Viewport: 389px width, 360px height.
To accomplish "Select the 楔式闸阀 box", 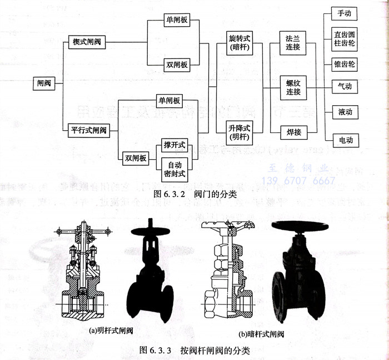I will click(87, 42).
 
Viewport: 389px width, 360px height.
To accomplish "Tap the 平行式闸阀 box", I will click(88, 131).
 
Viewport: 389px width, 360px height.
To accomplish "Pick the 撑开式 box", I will click(173, 146).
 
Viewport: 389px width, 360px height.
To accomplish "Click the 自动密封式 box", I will click(173, 169).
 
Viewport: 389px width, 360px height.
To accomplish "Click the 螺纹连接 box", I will click(290, 87).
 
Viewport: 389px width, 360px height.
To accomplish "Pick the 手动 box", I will click(344, 12).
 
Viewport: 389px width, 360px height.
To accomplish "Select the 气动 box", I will click(344, 87).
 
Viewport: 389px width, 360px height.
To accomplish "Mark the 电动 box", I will click(344, 140).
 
